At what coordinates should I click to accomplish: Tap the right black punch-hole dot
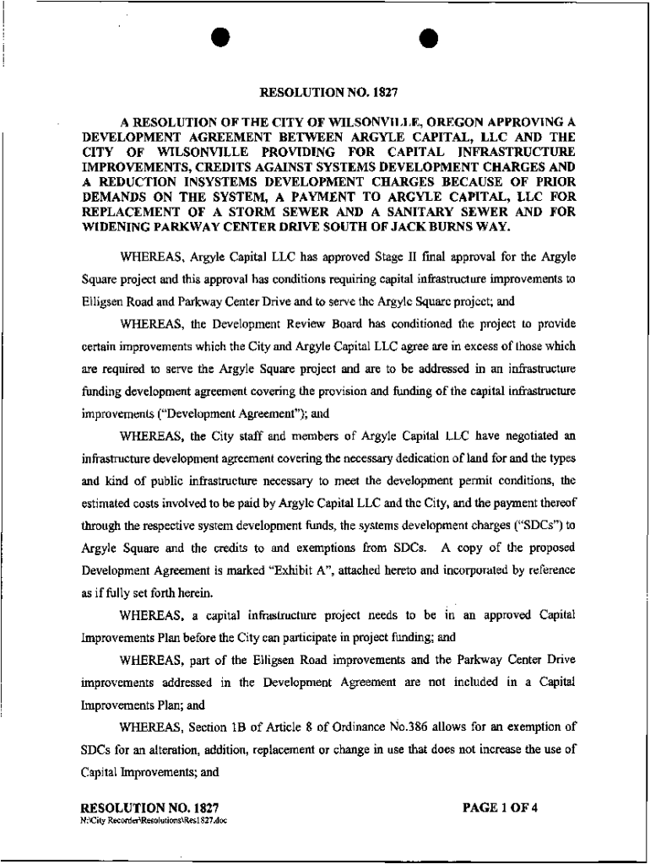pos(428,40)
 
